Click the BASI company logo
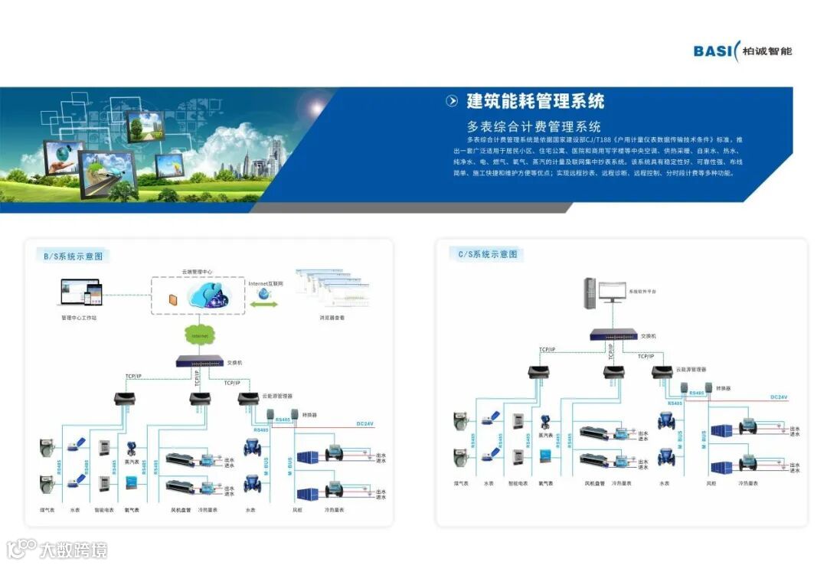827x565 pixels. pyautogui.click(x=742, y=51)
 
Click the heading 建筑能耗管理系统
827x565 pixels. pyautogui.click(x=535, y=101)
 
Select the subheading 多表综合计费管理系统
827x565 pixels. pyautogui.click(x=534, y=126)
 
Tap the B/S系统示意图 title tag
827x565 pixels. pyautogui.click(x=73, y=256)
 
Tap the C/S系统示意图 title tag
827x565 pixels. pyautogui.click(x=488, y=254)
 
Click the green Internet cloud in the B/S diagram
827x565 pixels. pyautogui.click(x=200, y=335)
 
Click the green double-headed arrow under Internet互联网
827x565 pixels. pyautogui.click(x=265, y=305)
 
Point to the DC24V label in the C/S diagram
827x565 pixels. pyautogui.click(x=779, y=397)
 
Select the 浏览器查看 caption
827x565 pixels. pyautogui.click(x=332, y=317)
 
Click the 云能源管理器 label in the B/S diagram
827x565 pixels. pyautogui.click(x=276, y=396)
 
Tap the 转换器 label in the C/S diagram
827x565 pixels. pyautogui.click(x=724, y=388)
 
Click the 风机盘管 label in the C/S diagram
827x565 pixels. pyautogui.click(x=595, y=483)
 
